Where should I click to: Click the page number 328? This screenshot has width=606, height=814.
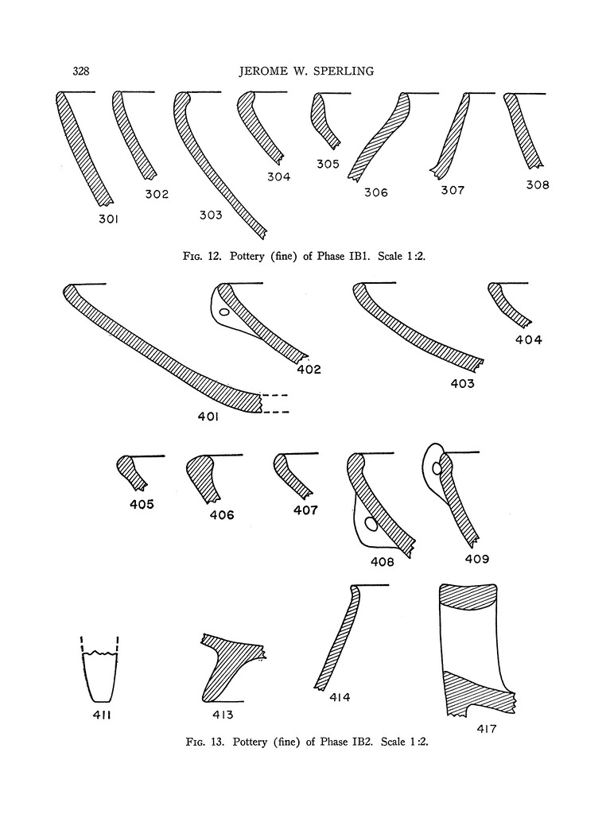pos(81,71)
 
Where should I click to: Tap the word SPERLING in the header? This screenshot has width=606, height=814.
pos(345,71)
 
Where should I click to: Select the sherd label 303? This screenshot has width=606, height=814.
pos(211,215)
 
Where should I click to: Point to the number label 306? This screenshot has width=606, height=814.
pos(376,192)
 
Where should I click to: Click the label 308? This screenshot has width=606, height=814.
pos(538,184)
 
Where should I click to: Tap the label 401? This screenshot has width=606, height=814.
pos(208,417)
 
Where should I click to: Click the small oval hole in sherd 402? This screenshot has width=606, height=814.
pos(223,312)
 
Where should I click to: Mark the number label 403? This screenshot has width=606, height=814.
pos(462,384)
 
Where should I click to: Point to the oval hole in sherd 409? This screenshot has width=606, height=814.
pos(437,469)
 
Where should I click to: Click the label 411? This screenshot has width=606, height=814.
pos(102,715)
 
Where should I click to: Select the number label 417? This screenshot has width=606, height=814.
pos(486,729)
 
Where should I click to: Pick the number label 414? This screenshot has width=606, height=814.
pos(340,697)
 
